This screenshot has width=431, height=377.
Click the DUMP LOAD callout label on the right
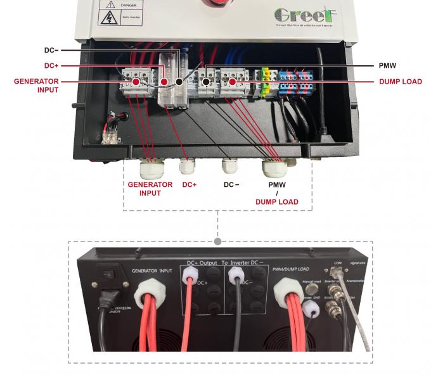(x=400, y=82)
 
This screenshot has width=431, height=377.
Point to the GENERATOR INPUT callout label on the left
(x=36, y=86)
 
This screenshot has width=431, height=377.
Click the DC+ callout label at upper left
(x=52, y=65)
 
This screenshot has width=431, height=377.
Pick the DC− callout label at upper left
(x=52, y=49)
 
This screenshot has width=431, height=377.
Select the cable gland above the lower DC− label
(x=229, y=166)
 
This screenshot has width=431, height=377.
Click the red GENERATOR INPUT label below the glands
(x=150, y=189)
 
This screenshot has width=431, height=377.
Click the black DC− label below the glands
(x=231, y=185)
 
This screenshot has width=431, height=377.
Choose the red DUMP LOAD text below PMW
(x=276, y=202)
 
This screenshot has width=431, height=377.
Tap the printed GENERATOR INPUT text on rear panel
(x=152, y=270)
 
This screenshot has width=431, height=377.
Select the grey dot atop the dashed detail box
(x=218, y=241)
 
